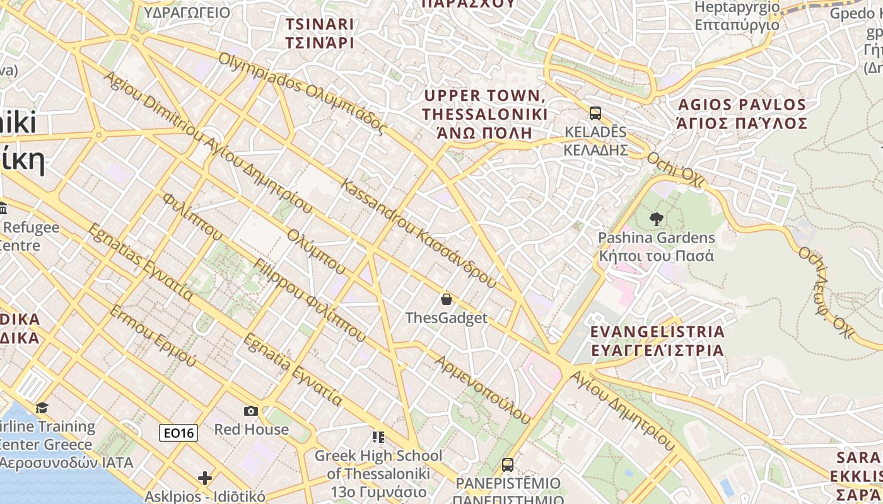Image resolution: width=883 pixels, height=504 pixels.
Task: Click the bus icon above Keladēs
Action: point(595,113)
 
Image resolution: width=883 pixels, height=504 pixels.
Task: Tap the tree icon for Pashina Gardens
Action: point(656,219)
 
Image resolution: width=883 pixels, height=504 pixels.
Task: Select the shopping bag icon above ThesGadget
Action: point(447,299)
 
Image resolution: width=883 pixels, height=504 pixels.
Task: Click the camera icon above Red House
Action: point(251,411)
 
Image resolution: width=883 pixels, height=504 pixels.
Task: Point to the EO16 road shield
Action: point(178,433)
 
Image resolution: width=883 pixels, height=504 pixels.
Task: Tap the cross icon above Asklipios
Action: point(205,478)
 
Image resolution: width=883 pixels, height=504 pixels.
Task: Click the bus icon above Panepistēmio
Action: point(508,465)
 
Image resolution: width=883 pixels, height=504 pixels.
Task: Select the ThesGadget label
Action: point(447,318)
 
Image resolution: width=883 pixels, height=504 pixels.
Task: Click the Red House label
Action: point(251,430)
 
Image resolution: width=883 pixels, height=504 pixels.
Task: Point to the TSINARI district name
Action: point(319,33)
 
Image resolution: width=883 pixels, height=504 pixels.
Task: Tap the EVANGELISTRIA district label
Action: point(657,341)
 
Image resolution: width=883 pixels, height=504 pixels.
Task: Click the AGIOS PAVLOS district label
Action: point(741,113)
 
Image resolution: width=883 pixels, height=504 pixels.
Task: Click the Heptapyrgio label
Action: point(737,16)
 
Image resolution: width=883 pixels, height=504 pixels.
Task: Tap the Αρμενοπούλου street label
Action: point(483,389)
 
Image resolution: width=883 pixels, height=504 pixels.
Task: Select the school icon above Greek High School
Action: point(378,437)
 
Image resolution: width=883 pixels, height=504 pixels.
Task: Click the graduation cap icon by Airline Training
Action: point(42,408)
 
